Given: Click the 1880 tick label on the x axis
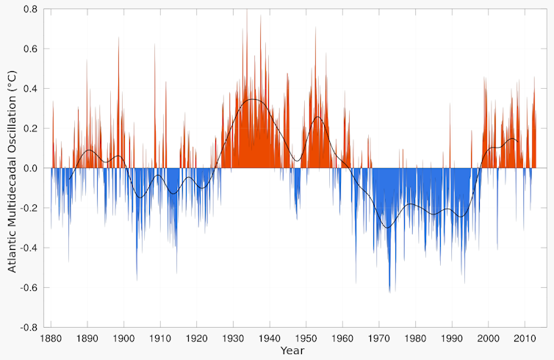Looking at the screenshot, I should pyautogui.click(x=51, y=339).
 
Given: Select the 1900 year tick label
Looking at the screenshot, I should pyautogui.click(x=124, y=339).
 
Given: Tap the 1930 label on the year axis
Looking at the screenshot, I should pyautogui.click(x=233, y=339).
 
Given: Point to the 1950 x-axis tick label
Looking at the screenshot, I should pyautogui.click(x=306, y=339).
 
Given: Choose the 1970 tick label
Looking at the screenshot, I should pyautogui.click(x=379, y=339).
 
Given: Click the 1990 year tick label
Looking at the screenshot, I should pyautogui.click(x=452, y=339).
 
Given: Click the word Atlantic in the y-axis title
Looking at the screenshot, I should pyautogui.click(x=12, y=250).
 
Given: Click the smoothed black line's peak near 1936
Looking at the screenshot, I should pyautogui.click(x=253, y=98).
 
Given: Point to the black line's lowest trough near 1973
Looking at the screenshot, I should pyautogui.click(x=387, y=228).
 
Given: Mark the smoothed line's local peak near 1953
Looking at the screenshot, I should pyautogui.click(x=318, y=117).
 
